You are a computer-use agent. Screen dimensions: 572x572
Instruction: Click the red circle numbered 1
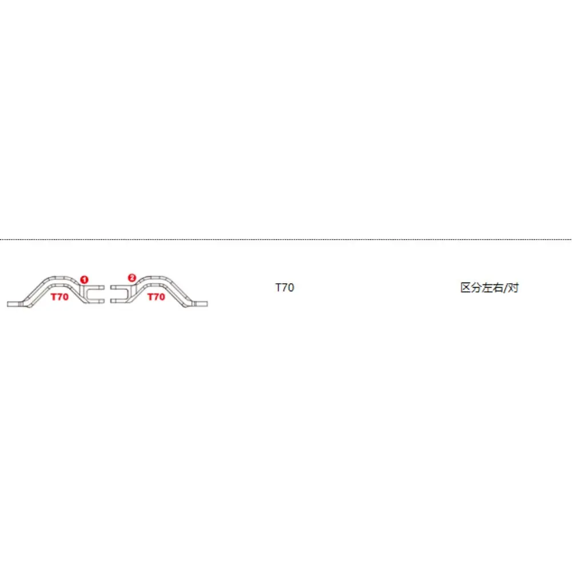coord(84,280)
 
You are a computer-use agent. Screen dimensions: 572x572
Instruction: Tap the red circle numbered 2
coord(132,278)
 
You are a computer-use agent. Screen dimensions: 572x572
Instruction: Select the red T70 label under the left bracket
coord(59,297)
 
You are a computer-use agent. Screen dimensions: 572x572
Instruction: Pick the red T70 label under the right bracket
coord(156,297)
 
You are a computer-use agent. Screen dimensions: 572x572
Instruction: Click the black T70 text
coord(284,288)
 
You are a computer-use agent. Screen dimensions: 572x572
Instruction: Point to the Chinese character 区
coord(466,288)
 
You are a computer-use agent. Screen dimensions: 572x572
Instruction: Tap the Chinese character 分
coord(476,288)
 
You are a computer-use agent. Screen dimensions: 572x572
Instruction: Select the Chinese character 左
coord(487,288)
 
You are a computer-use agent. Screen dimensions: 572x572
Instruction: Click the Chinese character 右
coord(497,288)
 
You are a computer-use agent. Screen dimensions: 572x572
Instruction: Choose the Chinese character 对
coord(513,288)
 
